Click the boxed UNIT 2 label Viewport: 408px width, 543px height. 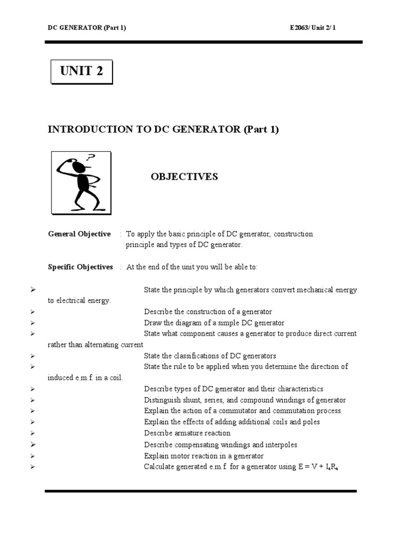pos(81,72)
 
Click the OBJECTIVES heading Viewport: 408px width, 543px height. pos(184,177)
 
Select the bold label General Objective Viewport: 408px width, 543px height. pos(79,234)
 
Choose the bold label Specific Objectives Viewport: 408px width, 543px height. pos(80,267)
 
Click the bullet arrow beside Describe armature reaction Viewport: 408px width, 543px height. pos(32,433)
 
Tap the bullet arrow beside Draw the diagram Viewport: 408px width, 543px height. pos(32,323)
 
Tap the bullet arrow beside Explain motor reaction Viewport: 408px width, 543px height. pos(32,456)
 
